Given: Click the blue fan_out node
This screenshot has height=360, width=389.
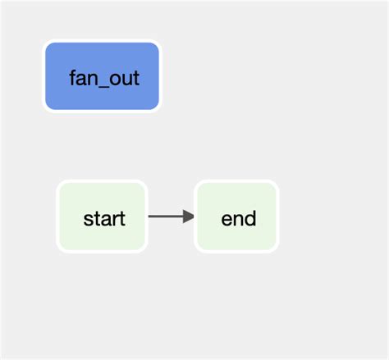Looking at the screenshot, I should point(102,76).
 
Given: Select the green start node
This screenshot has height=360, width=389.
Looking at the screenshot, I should point(102,216).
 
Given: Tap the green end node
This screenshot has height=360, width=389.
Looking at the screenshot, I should point(237,216).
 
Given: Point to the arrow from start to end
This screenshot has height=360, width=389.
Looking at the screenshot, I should point(169,216).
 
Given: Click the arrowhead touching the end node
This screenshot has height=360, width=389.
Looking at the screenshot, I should point(190,216).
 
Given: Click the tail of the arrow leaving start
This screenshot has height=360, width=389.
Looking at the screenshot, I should point(151,216).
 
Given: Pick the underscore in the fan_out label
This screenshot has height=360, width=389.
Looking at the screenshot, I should point(103,86).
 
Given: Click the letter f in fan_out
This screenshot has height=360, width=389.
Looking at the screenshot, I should point(73,78).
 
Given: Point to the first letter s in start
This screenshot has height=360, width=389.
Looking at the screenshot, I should point(88,220).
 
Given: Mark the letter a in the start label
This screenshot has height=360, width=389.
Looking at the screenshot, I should point(104,220).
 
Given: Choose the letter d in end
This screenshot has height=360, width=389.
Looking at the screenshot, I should point(249,218).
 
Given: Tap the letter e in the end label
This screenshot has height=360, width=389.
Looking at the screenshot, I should point(227,220).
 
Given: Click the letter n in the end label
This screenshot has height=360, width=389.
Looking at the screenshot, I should point(238,220).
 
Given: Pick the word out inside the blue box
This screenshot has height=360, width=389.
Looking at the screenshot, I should point(124,79).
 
